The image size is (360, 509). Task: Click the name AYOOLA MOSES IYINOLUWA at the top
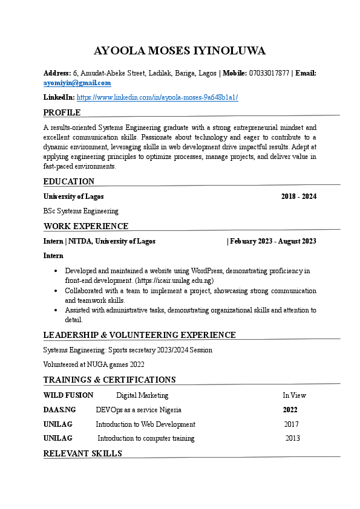[x=180, y=51]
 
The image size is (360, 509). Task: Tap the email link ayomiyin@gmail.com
[x=77, y=83]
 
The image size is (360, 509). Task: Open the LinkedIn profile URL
[x=157, y=97]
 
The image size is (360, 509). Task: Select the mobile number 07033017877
[x=269, y=73]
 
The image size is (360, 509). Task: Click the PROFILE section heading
[x=62, y=112]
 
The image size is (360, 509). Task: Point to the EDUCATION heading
[x=69, y=181]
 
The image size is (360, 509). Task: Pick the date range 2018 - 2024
[x=299, y=196]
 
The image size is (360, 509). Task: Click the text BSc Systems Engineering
[x=80, y=211]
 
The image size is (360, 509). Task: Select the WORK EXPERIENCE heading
[x=86, y=226]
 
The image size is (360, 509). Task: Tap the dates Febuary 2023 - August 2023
[x=273, y=241]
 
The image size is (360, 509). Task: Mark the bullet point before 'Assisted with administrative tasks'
[x=56, y=310]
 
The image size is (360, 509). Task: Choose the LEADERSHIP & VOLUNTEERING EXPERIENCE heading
[x=139, y=335]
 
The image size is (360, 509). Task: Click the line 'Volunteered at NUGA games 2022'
[x=94, y=365]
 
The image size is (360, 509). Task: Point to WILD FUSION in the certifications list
[x=68, y=395]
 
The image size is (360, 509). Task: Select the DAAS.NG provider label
[x=60, y=410]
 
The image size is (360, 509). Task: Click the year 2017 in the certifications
[x=291, y=424]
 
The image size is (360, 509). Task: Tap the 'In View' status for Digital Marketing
[x=294, y=395]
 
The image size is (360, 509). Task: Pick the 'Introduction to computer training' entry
[x=146, y=438]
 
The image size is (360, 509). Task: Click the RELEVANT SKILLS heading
[x=82, y=453]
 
